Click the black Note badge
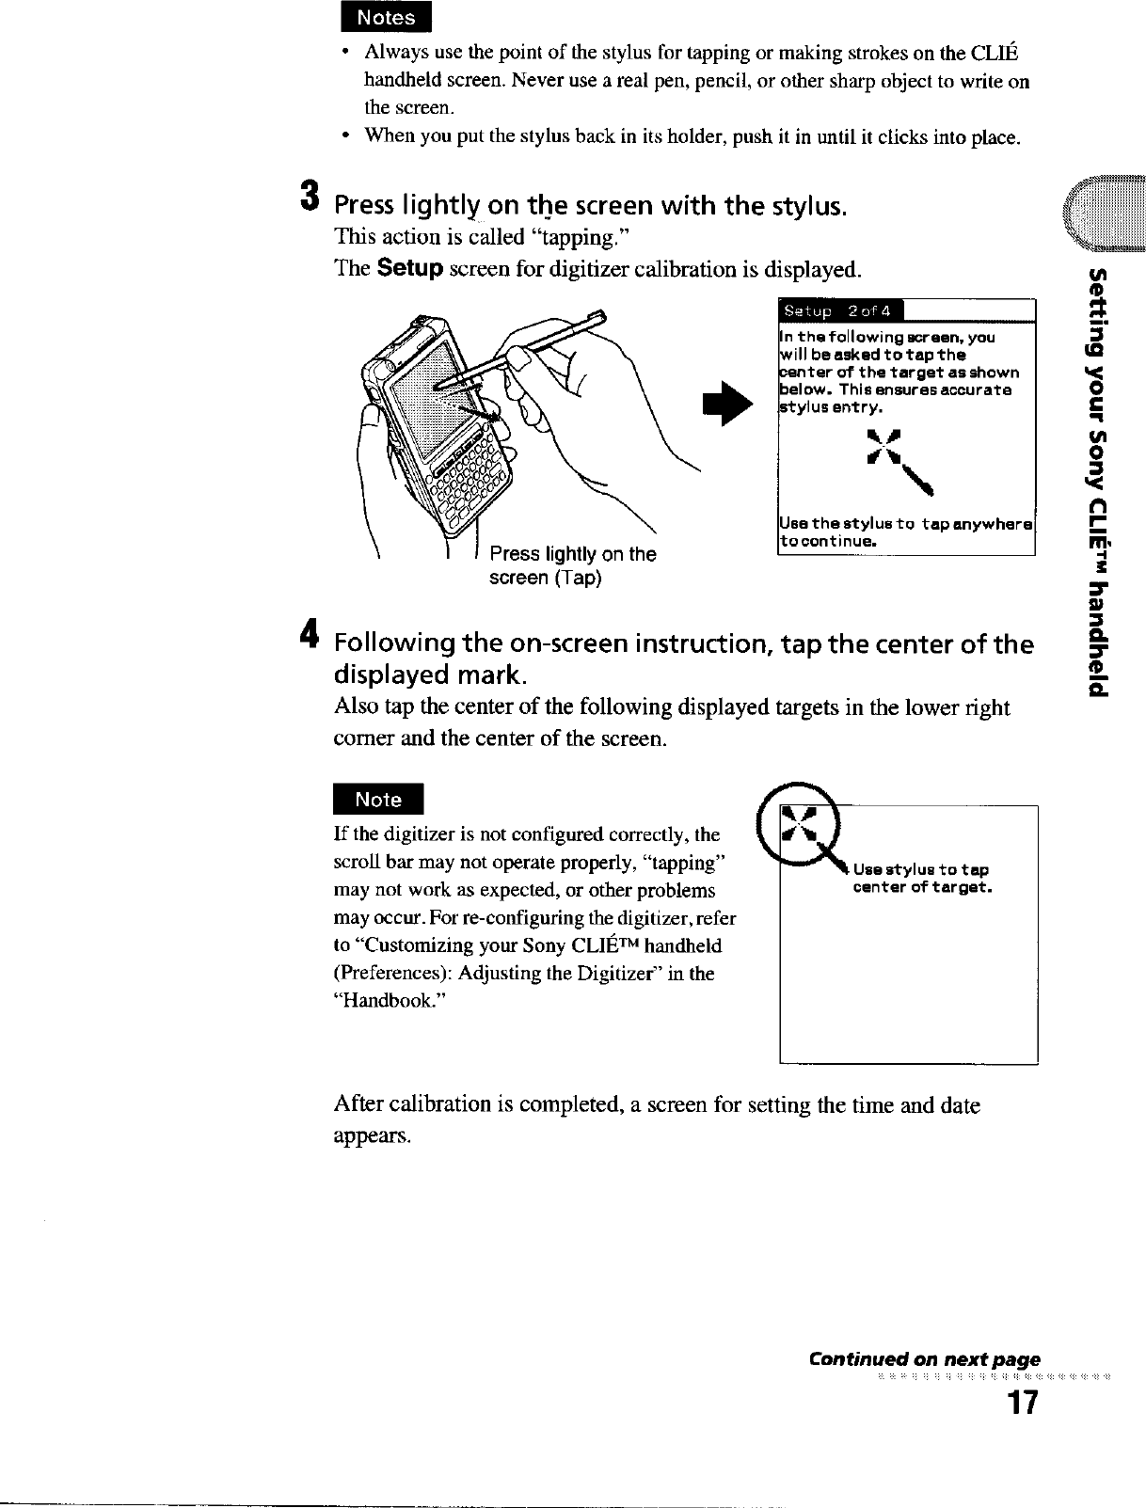[x=378, y=800]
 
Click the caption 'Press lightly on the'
[x=572, y=554]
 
